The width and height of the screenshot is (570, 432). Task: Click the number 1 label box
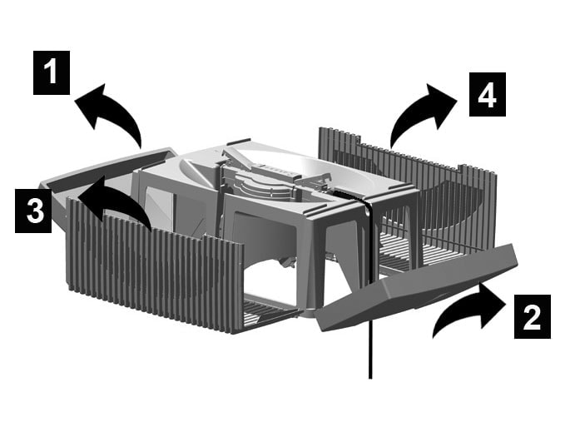click(x=52, y=72)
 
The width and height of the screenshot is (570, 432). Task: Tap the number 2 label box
click(x=533, y=316)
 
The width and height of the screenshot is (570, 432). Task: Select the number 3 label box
click(x=33, y=211)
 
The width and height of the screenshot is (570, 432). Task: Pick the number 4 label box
click(x=487, y=94)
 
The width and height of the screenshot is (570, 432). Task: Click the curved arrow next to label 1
click(x=112, y=109)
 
